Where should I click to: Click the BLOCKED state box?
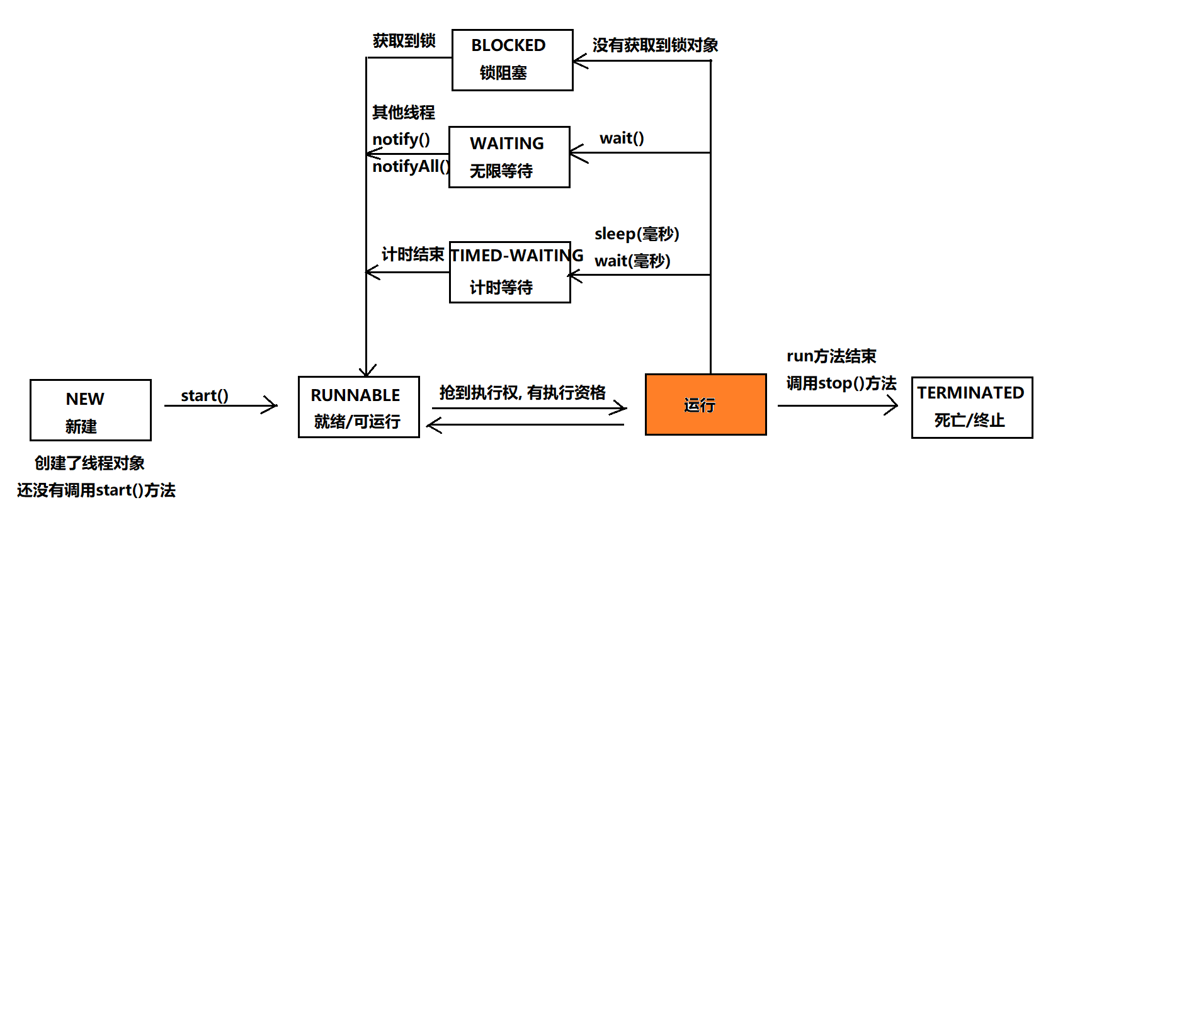pyautogui.click(x=512, y=60)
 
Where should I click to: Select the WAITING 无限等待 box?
pyautogui.click(x=509, y=157)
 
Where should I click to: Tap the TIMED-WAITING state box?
pyautogui.click(x=509, y=272)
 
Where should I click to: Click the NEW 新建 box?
pyautogui.click(x=90, y=410)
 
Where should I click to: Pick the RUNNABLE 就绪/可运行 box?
pyautogui.click(x=358, y=407)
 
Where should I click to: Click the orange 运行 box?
pyautogui.click(x=705, y=404)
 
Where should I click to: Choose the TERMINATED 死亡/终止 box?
pyautogui.click(x=972, y=407)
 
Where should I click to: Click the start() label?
pyautogui.click(x=205, y=395)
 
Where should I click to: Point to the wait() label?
pyautogui.click(x=622, y=138)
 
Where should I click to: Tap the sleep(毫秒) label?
pyautogui.click(x=637, y=234)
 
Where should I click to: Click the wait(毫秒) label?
pyautogui.click(x=632, y=261)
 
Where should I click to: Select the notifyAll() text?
pyautogui.click(x=411, y=166)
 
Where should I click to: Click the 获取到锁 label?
pyautogui.click(x=404, y=41)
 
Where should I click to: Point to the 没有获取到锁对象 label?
pyautogui.click(x=655, y=45)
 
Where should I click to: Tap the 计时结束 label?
pyautogui.click(x=412, y=254)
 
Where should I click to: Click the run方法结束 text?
pyautogui.click(x=831, y=356)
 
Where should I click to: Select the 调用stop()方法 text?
pyautogui.click(x=841, y=383)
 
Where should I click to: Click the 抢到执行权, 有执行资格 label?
pyautogui.click(x=522, y=393)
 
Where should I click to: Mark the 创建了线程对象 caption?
pyautogui.click(x=89, y=463)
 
